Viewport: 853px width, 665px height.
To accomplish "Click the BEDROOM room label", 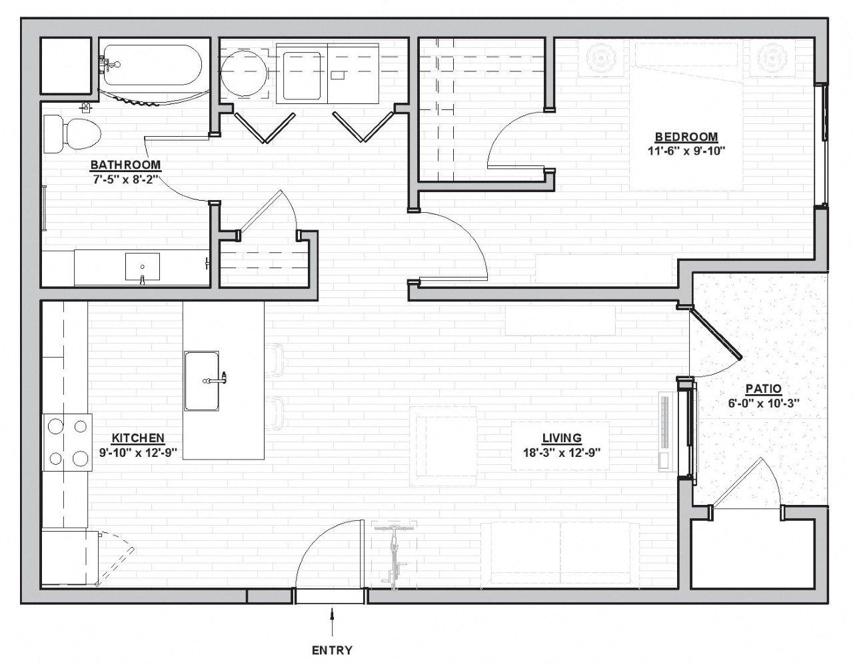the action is tap(686, 137).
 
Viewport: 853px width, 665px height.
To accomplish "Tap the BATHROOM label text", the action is tap(125, 165).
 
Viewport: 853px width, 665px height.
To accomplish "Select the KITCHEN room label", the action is tap(138, 438).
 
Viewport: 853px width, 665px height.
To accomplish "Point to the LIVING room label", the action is tap(562, 438).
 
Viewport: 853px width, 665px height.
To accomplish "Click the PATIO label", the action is tap(764, 389).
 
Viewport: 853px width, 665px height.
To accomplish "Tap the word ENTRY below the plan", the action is tap(332, 650).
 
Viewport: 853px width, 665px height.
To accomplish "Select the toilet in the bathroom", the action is tap(72, 133).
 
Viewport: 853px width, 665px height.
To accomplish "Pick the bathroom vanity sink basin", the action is tap(143, 266).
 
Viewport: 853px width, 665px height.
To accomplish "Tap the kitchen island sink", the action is tap(202, 381).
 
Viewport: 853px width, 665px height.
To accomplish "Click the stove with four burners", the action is tap(67, 442).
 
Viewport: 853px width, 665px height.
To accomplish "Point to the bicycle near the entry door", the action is tap(394, 556).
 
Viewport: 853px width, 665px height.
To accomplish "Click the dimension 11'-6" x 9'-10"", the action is tap(686, 151).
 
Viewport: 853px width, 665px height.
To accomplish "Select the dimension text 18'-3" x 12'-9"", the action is tap(562, 453).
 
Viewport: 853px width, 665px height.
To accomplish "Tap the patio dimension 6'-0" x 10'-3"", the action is tap(764, 404).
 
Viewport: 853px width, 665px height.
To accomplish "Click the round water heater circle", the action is tap(244, 72).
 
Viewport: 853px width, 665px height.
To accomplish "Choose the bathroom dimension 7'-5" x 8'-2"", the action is tap(125, 179).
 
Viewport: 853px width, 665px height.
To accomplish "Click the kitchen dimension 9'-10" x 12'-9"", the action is tap(138, 453).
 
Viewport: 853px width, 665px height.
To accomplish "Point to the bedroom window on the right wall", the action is tap(823, 145).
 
